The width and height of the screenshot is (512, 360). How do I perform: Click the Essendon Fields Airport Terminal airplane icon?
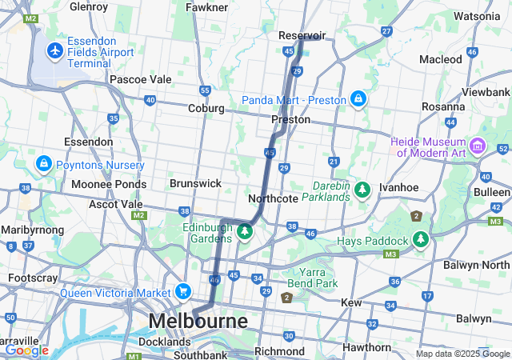click(x=55, y=51)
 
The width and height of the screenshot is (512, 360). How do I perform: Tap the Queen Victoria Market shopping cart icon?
click(x=183, y=292)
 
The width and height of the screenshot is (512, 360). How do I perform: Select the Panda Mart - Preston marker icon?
click(x=358, y=99)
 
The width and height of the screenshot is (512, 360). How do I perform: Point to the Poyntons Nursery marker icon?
click(x=43, y=165)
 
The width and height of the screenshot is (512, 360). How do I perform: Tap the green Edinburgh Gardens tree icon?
click(x=245, y=232)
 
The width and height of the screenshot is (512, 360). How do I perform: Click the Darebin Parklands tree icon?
click(x=362, y=190)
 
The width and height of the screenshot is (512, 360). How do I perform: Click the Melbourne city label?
click(x=198, y=322)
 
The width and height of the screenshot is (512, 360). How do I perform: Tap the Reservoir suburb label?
click(x=302, y=36)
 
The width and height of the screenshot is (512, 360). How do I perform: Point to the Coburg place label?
click(x=206, y=108)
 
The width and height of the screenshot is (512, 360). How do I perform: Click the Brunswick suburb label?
click(x=195, y=183)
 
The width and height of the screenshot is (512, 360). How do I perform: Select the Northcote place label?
click(x=273, y=198)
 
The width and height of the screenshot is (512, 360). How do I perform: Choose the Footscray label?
click(x=33, y=278)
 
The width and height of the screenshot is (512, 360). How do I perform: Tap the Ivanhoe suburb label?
click(x=399, y=186)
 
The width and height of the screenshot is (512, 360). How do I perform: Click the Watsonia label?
click(x=477, y=15)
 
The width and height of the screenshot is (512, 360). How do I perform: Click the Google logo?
click(x=26, y=350)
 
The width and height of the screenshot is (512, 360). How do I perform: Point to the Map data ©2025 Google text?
click(x=462, y=354)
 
